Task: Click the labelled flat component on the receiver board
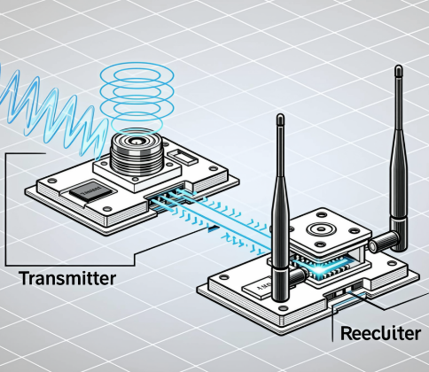coord(240,289)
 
